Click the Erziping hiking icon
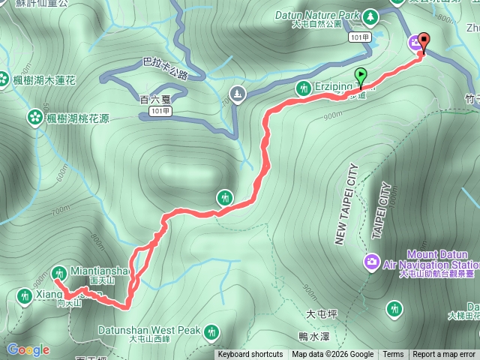pos(303,87)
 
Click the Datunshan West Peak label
pos(149,330)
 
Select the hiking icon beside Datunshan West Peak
pos(212,330)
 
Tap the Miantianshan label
pos(100,271)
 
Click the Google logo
pos(28,349)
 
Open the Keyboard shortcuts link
pos(250,355)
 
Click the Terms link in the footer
pos(393,355)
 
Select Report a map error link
pos(444,355)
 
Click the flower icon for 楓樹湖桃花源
pos(34,117)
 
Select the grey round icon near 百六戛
pos(238,94)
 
